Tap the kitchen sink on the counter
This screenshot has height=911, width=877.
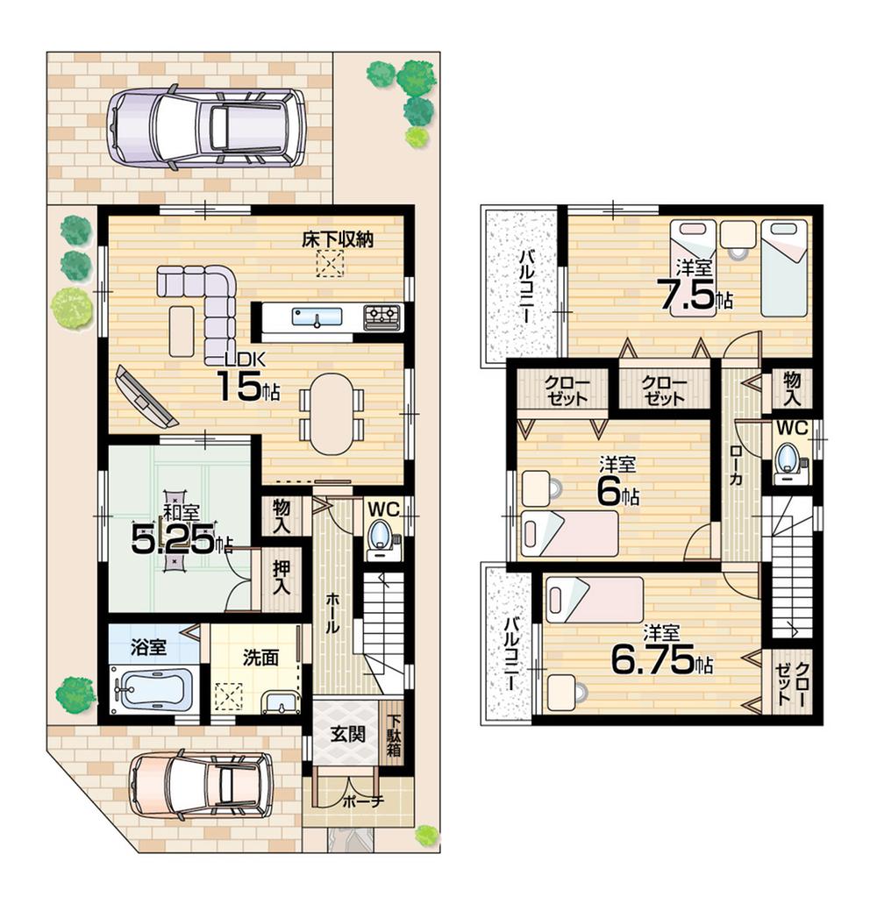[x=312, y=317]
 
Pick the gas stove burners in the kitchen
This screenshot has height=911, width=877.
[x=382, y=314]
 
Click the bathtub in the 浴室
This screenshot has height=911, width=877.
[x=154, y=688]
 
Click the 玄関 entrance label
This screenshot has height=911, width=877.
[x=346, y=734]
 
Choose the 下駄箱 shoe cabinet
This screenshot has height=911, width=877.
[x=395, y=737]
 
